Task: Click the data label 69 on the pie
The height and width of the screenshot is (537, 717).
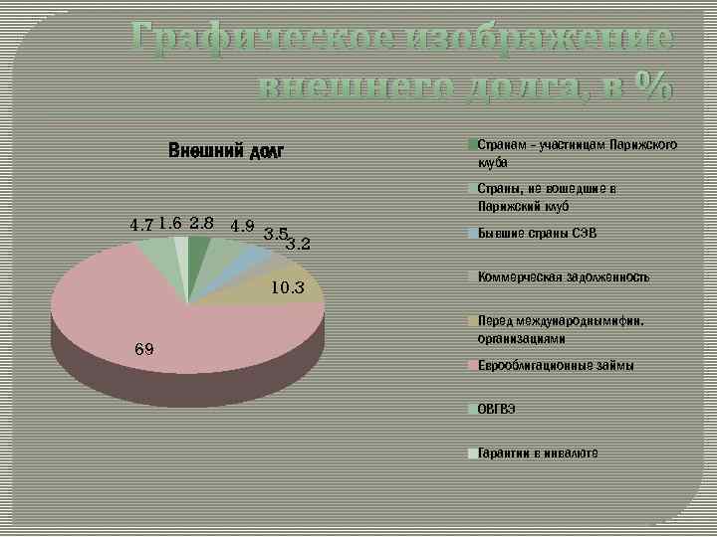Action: (143, 349)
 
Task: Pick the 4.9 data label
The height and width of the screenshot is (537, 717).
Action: (243, 225)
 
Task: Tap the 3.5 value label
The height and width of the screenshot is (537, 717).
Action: (276, 234)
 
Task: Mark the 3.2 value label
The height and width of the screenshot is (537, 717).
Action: (298, 243)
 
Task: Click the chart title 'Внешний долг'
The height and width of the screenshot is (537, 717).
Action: (226, 152)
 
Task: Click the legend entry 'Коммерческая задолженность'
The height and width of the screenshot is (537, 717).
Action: (563, 277)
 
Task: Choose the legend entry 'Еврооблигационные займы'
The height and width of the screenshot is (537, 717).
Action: (555, 366)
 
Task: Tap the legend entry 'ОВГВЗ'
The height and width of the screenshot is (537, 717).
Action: (496, 409)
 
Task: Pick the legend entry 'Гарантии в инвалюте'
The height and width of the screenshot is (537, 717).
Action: (537, 452)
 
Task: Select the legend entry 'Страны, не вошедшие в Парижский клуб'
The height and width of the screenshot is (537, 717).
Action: (546, 197)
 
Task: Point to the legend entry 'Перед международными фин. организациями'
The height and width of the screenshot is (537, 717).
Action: (560, 329)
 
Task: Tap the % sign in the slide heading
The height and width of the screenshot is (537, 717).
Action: (647, 87)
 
